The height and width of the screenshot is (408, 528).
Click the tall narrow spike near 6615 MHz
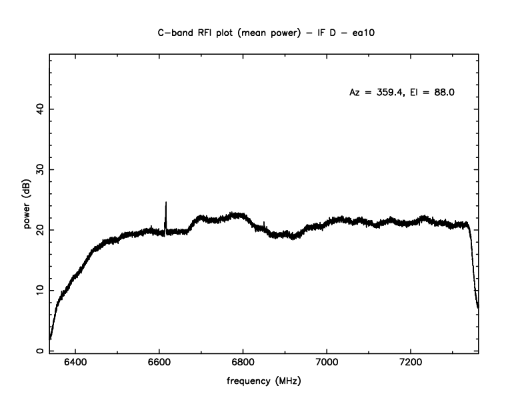click(x=166, y=203)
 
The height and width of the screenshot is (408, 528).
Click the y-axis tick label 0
click(x=41, y=351)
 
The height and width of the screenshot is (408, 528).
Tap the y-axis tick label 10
click(x=41, y=290)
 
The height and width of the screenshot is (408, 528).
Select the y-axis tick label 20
click(x=41, y=230)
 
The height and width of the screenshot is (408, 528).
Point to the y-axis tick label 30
click(x=41, y=169)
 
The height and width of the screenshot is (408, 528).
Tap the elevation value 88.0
click(x=444, y=93)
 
